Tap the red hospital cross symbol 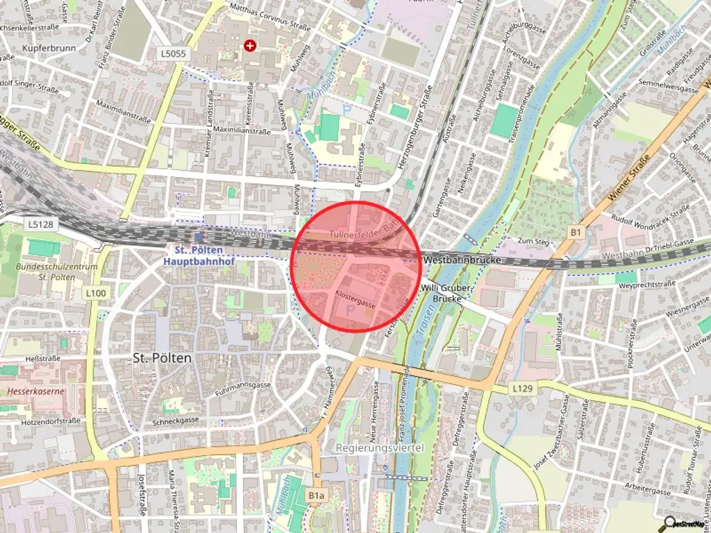pos(250,46)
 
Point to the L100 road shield pos(97,294)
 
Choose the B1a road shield pos(316,495)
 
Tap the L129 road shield pos(523,386)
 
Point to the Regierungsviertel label pos(379,448)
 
